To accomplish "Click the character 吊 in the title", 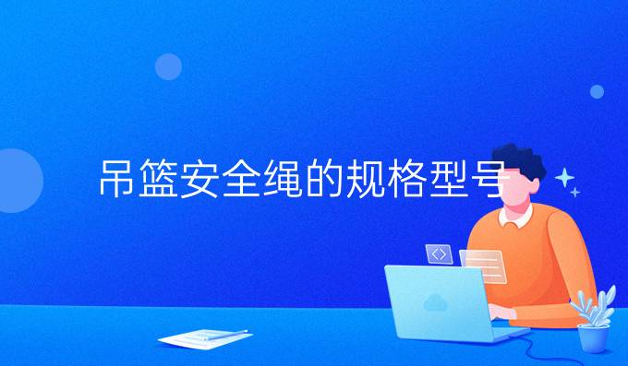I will (118, 181).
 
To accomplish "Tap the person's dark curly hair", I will (519, 162).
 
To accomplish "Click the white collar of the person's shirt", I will (513, 219).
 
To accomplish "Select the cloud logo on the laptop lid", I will (434, 301).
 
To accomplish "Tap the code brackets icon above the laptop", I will (439, 253).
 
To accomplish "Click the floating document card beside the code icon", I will (483, 266).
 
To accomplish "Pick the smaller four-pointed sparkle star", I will (575, 192).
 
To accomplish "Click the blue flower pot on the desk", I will (592, 336).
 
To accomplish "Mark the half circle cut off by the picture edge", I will (16, 181).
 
